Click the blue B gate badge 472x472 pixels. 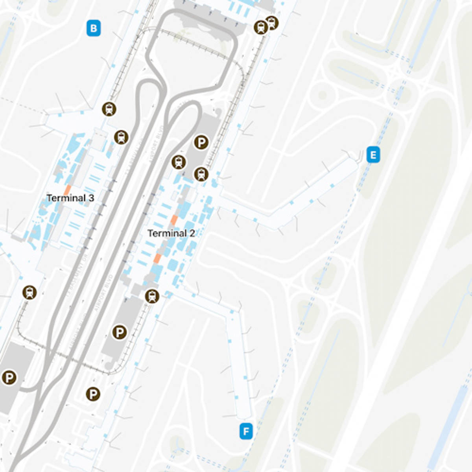click(94, 28)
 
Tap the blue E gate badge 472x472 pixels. click(373, 155)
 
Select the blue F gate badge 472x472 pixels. click(246, 431)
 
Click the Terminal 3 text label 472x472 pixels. click(70, 198)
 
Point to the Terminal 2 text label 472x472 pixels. click(171, 233)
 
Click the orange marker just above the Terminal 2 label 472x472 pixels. click(174, 220)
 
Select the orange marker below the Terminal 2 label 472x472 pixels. click(157, 258)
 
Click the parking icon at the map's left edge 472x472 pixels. click(9, 378)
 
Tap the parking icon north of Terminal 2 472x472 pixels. click(201, 142)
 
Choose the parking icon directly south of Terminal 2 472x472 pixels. click(120, 332)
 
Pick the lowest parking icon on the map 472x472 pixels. click(93, 394)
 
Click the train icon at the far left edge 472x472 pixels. click(29, 292)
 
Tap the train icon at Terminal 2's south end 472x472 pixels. click(152, 296)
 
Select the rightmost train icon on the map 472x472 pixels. click(272, 23)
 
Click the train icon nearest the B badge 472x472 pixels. click(109, 109)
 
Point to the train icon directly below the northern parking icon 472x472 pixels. click(201, 174)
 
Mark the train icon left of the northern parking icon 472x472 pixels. click(179, 162)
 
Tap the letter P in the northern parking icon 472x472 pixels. click(201, 142)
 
